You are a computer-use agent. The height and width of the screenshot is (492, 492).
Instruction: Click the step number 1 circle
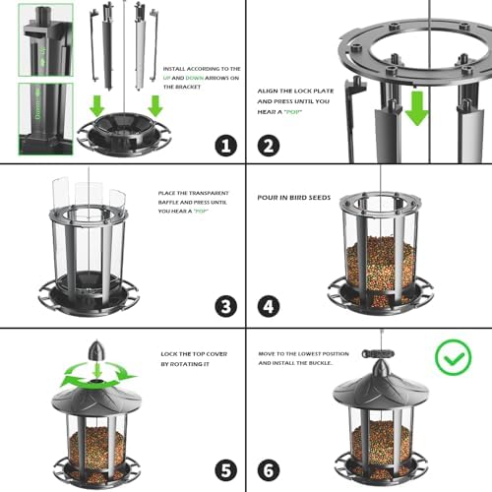227,146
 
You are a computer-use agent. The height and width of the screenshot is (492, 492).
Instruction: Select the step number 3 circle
227,306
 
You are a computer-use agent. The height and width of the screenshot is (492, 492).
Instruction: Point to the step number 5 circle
227,469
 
